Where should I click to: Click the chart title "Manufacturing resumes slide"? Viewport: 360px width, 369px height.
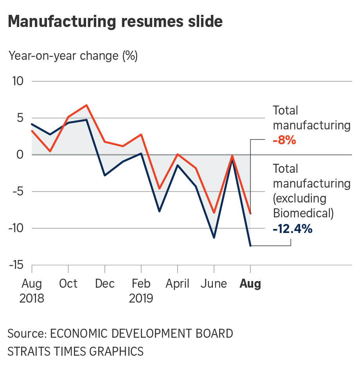point(115,21)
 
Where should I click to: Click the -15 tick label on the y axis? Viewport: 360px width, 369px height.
point(16,265)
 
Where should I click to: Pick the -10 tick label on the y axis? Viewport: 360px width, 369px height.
point(16,228)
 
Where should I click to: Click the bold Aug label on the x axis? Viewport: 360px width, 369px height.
point(250,283)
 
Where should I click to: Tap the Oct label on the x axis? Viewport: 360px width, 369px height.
point(68,283)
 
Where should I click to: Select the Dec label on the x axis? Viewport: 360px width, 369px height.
point(105,283)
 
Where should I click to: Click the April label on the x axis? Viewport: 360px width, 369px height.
point(178,283)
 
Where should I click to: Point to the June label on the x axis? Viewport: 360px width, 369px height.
point(214,283)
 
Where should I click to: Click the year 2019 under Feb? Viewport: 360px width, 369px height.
point(141,299)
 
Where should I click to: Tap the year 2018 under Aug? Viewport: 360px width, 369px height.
point(32,299)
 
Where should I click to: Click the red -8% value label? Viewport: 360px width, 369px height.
point(284,140)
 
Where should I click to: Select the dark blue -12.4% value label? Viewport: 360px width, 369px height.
point(293,228)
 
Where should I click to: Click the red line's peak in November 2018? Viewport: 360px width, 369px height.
point(86,105)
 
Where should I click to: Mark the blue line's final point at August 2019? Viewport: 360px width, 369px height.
point(250,246)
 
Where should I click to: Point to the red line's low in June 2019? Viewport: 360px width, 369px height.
point(214,213)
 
